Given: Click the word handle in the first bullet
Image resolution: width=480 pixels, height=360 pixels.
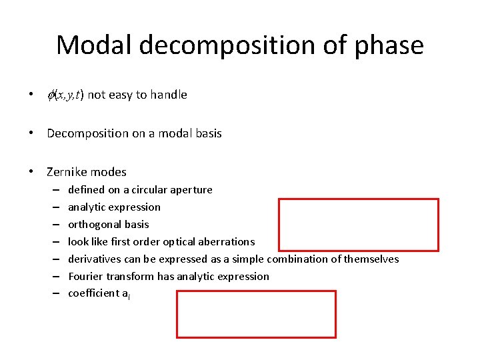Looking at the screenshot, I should tap(168, 95).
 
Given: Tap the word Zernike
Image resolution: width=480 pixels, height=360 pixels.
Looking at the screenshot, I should tap(67, 172).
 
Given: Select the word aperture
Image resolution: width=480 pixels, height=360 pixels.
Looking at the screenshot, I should tap(191, 190).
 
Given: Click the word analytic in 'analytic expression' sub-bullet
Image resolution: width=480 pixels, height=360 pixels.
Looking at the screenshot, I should tap(86, 207).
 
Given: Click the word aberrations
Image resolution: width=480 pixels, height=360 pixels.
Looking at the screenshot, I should tap(227, 241).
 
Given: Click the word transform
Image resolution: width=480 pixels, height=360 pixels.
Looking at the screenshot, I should tap(129, 276).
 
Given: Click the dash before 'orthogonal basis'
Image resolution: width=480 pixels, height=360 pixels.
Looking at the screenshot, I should tap(53, 225).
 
